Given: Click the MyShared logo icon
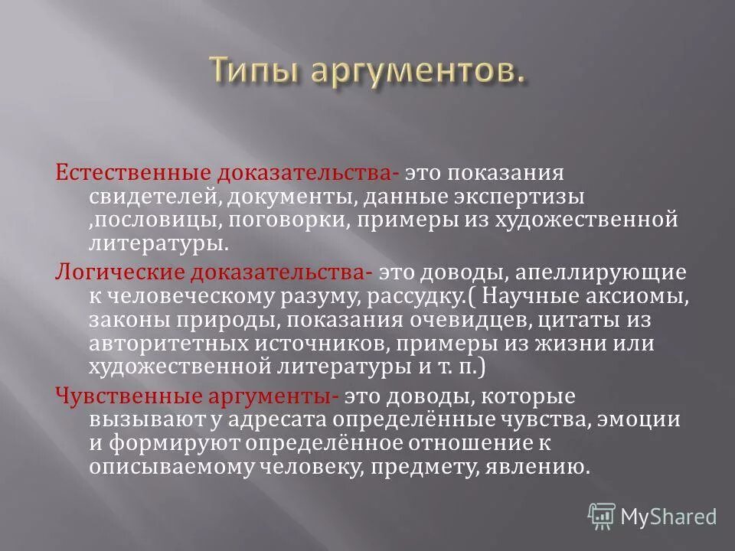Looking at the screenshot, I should (602, 516).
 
